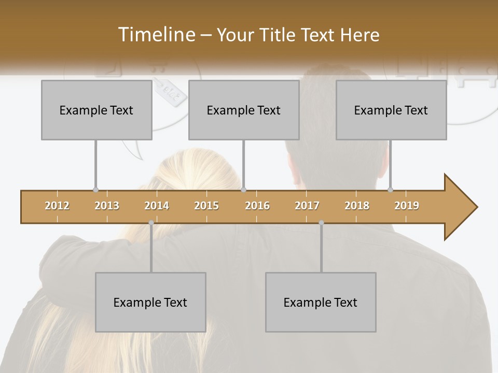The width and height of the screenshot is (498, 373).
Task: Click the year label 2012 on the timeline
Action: pos(57,206)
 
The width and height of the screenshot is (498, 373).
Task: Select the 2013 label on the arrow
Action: pos(107,206)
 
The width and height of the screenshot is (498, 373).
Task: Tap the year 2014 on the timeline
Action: pos(157,206)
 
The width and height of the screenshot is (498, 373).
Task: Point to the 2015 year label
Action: pos(206,206)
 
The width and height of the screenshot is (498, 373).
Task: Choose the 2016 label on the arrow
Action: pos(257,206)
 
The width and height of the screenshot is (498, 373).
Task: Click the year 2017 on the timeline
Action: pos(307,206)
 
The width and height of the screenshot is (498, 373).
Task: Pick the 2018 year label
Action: pos(357,206)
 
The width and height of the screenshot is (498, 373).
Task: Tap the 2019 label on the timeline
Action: pos(407,206)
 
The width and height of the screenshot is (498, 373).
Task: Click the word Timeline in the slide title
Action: pos(155,35)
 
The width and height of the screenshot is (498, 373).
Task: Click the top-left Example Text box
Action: pos(96,110)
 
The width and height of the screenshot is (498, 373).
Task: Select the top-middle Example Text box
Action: pos(244,110)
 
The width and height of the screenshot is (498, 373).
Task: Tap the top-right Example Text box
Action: pos(391,110)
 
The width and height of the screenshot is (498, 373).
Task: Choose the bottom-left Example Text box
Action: pos(150,302)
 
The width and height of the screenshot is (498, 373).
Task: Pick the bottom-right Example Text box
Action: pos(321,302)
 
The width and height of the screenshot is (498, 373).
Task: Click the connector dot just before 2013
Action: pos(95,190)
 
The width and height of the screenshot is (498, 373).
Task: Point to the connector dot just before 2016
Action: pos(244,190)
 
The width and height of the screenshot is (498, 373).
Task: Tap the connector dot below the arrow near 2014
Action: pos(151,223)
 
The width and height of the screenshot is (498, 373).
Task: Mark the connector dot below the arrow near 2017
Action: pos(321,223)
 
